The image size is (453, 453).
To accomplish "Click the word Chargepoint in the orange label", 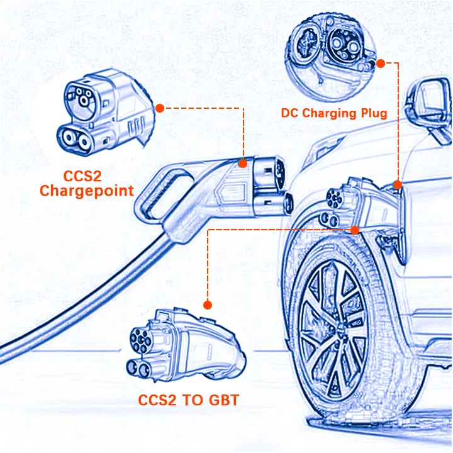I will pyautogui.click(x=86, y=191).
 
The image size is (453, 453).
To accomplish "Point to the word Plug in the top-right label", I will pyautogui.click(x=376, y=113).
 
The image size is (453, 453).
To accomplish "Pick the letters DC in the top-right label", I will pyautogui.click(x=291, y=113).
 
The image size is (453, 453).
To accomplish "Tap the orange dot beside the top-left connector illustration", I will pyautogui.click(x=160, y=108).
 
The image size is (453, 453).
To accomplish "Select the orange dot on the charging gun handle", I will pyautogui.click(x=243, y=163).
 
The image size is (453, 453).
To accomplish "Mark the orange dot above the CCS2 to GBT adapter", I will pyautogui.click(x=208, y=305).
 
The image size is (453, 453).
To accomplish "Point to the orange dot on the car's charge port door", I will pyautogui.click(x=397, y=184).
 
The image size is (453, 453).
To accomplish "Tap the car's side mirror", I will pyautogui.click(x=429, y=100).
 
